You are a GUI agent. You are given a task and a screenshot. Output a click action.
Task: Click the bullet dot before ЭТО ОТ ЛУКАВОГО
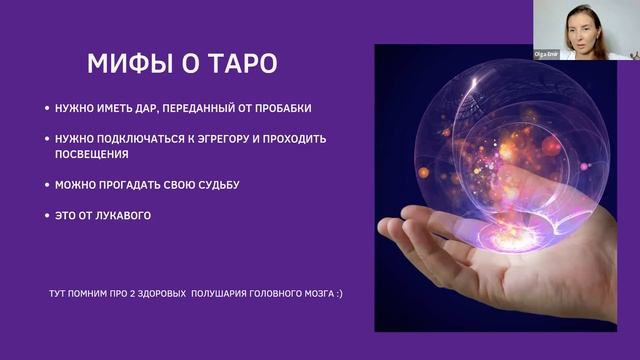tap(47, 214)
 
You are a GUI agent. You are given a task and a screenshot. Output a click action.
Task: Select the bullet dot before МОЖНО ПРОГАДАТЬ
tap(47, 185)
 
